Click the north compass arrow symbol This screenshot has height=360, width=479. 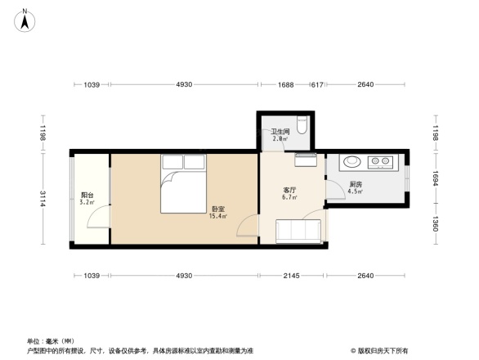(26, 19)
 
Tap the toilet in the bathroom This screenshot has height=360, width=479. (302, 124)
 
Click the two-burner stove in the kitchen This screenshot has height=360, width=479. (382, 161)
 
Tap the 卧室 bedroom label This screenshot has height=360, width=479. (217, 208)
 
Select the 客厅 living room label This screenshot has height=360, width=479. (289, 190)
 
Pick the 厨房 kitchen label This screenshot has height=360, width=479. (356, 186)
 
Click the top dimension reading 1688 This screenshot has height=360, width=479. (285, 85)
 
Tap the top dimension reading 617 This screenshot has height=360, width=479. (318, 85)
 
